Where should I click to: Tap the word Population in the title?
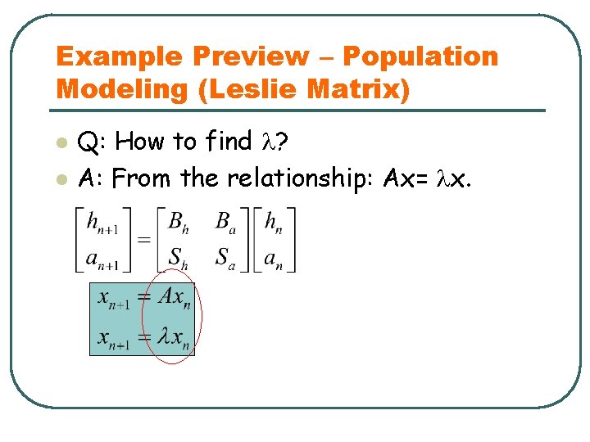coord(420,57)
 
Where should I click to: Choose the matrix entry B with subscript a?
coord(225,222)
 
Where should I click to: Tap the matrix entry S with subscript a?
coord(225,257)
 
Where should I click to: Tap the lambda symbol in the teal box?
coord(165,336)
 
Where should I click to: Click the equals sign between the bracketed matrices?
coord(143,239)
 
